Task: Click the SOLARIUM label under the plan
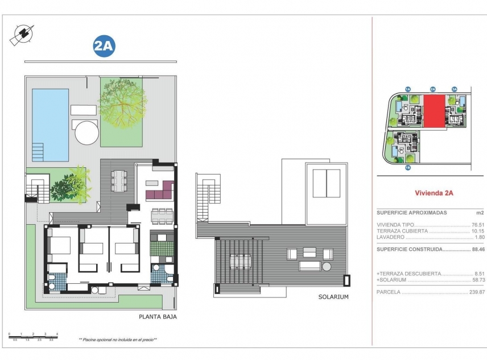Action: click(x=333, y=297)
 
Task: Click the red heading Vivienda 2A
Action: click(x=430, y=193)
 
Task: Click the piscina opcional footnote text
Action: click(x=118, y=340)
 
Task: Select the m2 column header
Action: click(x=478, y=212)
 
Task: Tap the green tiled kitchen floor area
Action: click(x=162, y=249)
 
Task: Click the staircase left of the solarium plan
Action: click(x=204, y=196)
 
